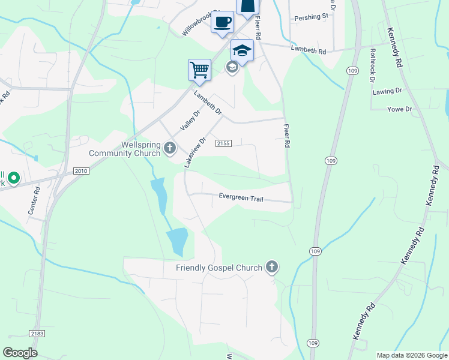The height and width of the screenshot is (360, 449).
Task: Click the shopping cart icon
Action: [x=199, y=69]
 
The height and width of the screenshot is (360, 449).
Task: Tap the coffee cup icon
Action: [x=222, y=22]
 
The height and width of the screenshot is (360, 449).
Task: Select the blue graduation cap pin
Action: [x=242, y=50]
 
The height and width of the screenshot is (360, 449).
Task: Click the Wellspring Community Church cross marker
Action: [x=170, y=148]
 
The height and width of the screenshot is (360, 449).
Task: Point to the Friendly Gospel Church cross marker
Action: [x=272, y=267]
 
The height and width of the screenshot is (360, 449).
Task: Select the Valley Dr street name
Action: [x=188, y=119]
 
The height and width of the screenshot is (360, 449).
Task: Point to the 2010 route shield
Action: [x=82, y=171]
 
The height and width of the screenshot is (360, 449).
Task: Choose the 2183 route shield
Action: [x=37, y=333]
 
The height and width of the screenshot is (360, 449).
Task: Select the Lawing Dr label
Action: [x=387, y=91]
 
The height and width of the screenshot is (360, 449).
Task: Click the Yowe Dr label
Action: [x=400, y=109]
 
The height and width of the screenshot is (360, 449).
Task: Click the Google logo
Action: [x=20, y=353]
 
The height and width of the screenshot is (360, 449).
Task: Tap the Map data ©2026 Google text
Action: [x=412, y=355]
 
